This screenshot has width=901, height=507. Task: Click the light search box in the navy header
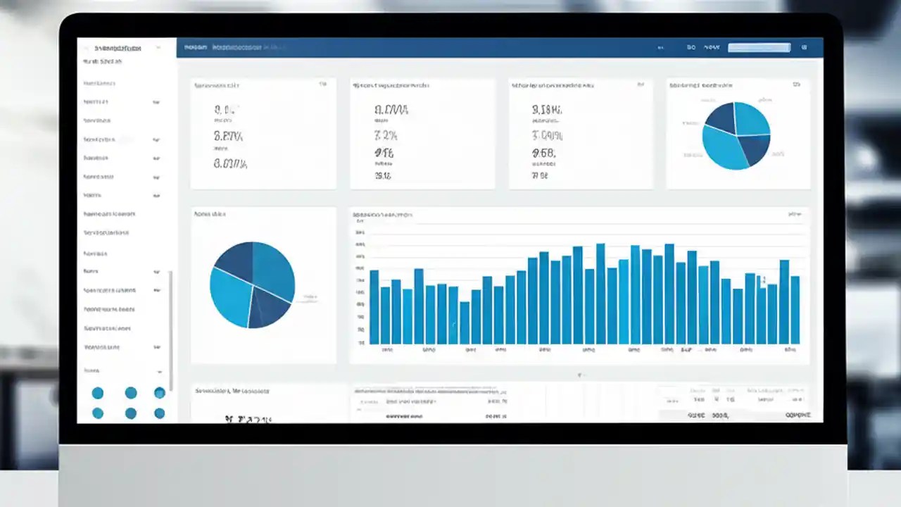pos(759,48)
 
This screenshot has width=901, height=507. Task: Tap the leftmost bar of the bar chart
pos(374,307)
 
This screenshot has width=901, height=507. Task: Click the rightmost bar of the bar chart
pos(795,310)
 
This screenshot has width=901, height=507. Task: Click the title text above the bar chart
pos(382,214)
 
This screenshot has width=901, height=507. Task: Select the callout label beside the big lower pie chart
pos(310,297)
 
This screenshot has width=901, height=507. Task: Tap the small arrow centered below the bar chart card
pos(579,375)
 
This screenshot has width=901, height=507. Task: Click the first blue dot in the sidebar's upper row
pos(98,393)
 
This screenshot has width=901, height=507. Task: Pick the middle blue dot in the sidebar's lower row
pos(131,413)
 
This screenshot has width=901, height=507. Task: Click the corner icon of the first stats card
pos(322,84)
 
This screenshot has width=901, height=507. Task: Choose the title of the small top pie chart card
pos(700,85)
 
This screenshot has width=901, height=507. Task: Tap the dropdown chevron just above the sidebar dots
pos(160,372)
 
